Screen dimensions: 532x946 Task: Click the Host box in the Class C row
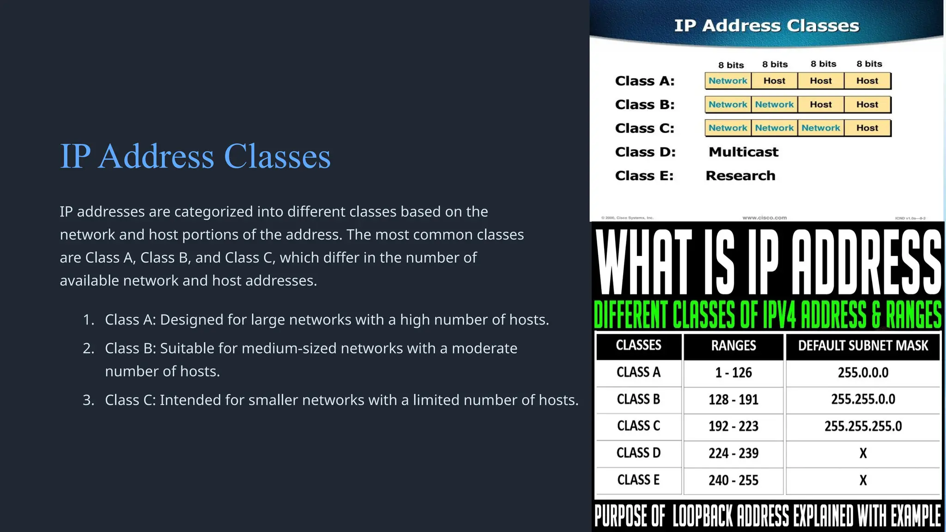coord(867,128)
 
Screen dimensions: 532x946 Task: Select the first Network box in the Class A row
coord(728,81)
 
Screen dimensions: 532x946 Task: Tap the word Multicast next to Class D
coord(743,152)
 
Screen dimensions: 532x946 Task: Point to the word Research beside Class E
coord(740,176)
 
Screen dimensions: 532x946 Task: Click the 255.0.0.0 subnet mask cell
coord(863,373)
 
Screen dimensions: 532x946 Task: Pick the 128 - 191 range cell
coord(734,399)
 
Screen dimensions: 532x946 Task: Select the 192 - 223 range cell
coord(734,426)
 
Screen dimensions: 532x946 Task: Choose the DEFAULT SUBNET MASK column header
coord(863,346)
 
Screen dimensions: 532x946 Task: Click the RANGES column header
coord(734,346)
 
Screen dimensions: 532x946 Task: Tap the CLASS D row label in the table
coord(638,453)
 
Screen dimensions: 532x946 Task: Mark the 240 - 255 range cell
coord(734,480)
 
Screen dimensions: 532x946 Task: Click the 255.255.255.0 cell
coord(863,426)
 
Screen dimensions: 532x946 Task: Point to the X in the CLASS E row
coord(863,480)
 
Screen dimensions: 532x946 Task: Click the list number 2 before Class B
coord(88,348)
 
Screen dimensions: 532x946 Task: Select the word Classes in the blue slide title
coord(277,156)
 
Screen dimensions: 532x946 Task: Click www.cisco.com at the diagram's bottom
coord(764,218)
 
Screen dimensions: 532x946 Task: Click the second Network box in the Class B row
coord(774,104)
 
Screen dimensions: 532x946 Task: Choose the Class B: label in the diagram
coord(644,105)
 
